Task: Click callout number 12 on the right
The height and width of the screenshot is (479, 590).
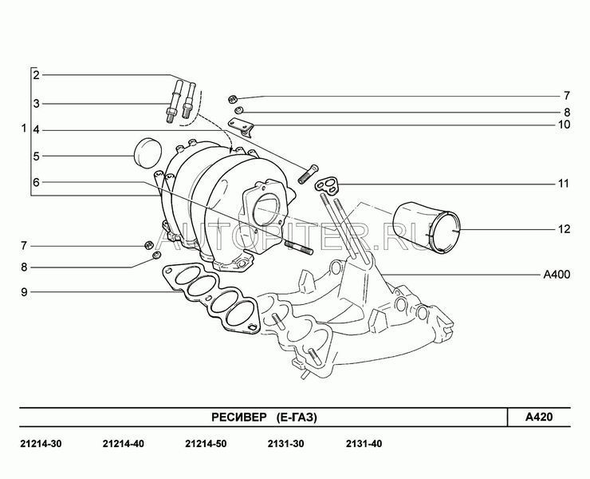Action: click(564, 229)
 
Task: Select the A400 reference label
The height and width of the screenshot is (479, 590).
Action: click(557, 275)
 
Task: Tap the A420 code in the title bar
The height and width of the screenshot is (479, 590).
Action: click(539, 418)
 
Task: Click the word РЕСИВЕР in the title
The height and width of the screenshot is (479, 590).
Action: click(238, 418)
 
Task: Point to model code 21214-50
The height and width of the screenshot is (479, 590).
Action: click(206, 444)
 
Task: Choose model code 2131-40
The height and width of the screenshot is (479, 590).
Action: click(364, 444)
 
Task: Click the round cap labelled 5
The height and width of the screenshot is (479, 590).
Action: click(147, 153)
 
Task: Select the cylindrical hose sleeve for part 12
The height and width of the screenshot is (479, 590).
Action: click(426, 228)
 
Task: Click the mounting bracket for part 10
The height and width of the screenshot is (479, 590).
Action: click(242, 127)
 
